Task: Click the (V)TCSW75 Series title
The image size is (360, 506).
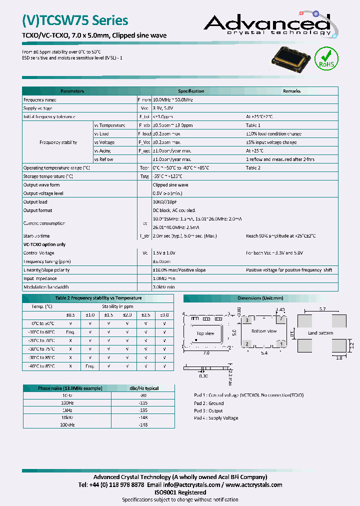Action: point(75,20)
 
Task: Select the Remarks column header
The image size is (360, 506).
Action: point(291,91)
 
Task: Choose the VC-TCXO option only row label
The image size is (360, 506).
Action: point(44,244)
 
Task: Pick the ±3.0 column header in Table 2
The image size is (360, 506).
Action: point(164,314)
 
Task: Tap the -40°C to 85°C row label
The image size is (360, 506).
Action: point(41,366)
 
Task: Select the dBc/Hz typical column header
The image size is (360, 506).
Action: point(144,388)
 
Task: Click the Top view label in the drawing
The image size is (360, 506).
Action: point(205,333)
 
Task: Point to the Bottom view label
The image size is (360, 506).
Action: point(264,331)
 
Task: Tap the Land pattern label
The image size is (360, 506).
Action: point(320,332)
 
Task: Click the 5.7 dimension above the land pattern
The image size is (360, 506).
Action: point(322,309)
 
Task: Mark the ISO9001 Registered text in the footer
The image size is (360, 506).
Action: point(180,492)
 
